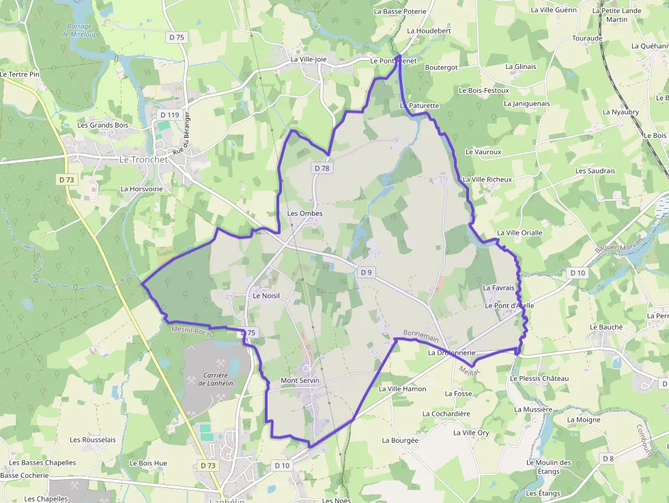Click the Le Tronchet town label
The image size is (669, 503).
(x=143, y=159)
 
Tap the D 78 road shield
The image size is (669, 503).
(x=322, y=168)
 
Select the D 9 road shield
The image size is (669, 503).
(x=367, y=273)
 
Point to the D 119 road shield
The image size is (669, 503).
(x=169, y=115)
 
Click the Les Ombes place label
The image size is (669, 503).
(x=304, y=213)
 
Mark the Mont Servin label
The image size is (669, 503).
(x=300, y=380)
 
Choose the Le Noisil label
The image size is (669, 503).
(x=266, y=296)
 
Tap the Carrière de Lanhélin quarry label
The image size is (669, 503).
(x=212, y=378)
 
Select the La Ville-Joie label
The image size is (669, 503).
(x=309, y=59)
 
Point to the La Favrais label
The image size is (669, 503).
(x=498, y=288)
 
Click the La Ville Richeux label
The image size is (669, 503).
(x=487, y=179)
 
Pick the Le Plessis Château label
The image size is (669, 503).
(x=539, y=378)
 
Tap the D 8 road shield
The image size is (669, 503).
(x=608, y=459)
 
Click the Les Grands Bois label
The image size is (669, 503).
(x=102, y=125)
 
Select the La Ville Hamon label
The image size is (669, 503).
(x=402, y=389)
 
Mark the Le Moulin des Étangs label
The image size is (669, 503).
(x=548, y=467)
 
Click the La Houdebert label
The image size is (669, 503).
(x=429, y=31)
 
